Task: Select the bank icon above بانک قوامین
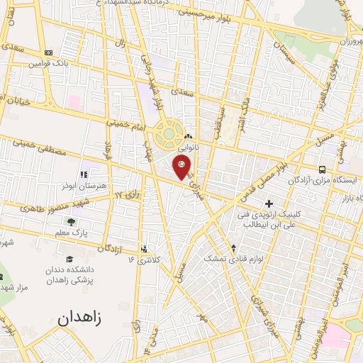(48, 53)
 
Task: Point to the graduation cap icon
(69, 259)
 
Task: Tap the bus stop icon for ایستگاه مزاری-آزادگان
(323, 169)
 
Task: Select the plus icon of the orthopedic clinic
(269, 204)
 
